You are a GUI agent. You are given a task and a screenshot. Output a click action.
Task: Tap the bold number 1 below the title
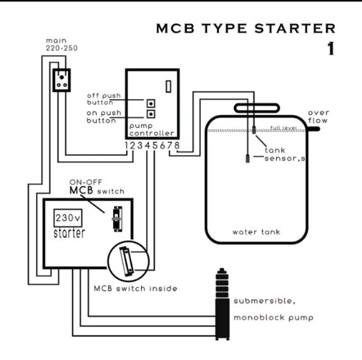click(x=329, y=49)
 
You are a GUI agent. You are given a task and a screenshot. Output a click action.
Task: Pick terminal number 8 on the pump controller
click(x=177, y=145)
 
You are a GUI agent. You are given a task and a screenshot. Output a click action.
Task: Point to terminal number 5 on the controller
click(x=155, y=145)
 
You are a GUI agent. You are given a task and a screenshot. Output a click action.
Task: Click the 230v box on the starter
click(x=65, y=218)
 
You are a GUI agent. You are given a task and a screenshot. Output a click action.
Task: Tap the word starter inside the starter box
click(x=69, y=233)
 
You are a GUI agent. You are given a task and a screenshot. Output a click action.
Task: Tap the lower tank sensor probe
click(x=249, y=160)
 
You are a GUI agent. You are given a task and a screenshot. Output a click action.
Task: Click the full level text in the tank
click(x=282, y=128)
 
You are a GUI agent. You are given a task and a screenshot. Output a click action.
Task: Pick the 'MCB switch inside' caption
click(x=135, y=288)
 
